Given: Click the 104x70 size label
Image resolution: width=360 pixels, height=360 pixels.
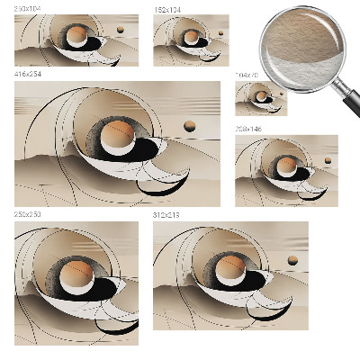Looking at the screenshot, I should (246, 76).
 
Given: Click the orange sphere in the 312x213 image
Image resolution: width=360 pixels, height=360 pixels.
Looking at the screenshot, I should (231, 264).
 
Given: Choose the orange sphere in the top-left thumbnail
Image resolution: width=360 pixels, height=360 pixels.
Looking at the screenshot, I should (78, 37).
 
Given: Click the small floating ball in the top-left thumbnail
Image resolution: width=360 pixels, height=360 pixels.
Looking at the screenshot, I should (120, 29).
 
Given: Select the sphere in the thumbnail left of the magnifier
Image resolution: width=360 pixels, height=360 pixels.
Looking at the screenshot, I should (191, 37).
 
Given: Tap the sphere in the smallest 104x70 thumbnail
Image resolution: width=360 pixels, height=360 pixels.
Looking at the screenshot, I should (262, 95).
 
